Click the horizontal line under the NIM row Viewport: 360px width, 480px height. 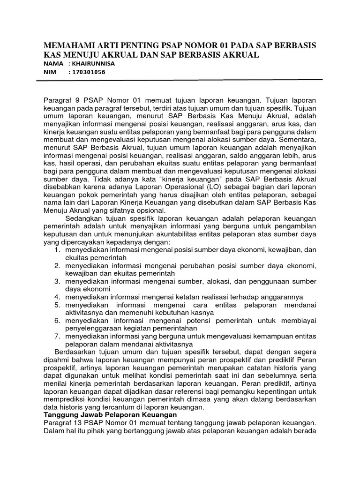point(187,80)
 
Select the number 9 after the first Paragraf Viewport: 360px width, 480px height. point(76,100)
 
